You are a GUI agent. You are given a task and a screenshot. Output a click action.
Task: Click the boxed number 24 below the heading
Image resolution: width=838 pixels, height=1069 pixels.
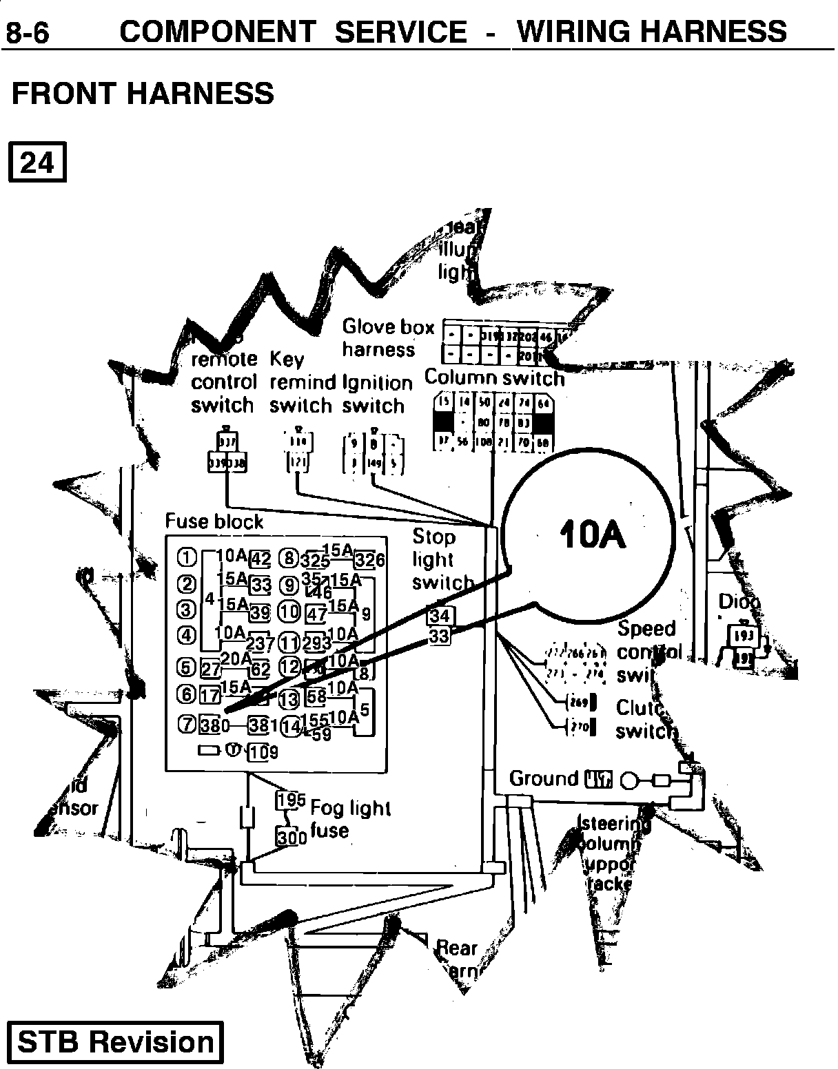(x=37, y=163)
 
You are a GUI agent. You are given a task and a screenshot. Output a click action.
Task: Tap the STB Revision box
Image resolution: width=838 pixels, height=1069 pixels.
(x=115, y=1042)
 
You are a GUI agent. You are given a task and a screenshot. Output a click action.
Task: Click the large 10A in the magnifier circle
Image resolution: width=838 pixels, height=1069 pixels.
(x=593, y=534)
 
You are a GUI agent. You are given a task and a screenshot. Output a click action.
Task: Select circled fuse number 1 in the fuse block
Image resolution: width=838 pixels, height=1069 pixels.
(x=187, y=557)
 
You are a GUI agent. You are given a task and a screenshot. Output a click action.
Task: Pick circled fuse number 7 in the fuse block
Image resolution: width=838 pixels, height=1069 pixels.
(x=187, y=724)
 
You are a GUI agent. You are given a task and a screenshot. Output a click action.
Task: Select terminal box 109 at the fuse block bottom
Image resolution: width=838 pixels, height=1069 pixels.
(x=262, y=751)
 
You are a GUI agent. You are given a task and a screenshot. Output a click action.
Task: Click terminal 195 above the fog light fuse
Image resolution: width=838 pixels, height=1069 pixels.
(x=290, y=800)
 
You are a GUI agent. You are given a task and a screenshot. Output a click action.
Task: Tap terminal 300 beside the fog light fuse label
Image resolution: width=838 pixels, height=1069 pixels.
(x=291, y=837)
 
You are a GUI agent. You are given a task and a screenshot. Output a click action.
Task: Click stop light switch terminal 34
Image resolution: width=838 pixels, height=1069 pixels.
(x=439, y=615)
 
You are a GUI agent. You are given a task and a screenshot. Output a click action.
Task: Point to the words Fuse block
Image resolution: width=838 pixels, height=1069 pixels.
(x=214, y=521)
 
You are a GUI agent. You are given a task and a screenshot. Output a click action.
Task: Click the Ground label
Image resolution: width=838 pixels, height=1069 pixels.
(x=544, y=778)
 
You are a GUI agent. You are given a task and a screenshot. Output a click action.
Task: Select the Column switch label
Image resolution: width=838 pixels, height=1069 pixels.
(x=494, y=377)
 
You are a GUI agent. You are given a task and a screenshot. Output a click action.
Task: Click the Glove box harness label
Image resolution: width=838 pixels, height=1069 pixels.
(x=387, y=338)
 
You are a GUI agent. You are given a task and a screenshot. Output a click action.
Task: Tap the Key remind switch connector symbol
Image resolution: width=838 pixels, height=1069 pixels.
(x=298, y=451)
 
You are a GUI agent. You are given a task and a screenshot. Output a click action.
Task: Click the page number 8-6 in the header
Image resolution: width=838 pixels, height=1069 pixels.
(x=28, y=32)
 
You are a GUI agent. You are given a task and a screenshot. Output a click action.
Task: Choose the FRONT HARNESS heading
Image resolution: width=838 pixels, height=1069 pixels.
(x=143, y=93)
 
